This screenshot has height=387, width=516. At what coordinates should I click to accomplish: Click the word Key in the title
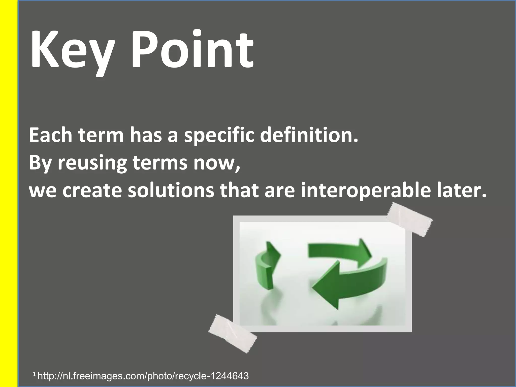[x=71, y=50]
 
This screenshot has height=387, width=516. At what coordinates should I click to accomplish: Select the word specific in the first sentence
[x=219, y=136]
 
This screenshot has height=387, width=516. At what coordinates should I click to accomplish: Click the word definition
[x=309, y=135]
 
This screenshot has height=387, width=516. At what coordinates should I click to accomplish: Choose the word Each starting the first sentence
[x=50, y=136]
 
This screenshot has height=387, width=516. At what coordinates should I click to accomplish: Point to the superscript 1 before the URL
[x=34, y=375]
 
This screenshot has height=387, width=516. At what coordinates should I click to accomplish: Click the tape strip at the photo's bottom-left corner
[x=232, y=333]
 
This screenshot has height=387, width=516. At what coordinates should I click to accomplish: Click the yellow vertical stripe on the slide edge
[x=8, y=193]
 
